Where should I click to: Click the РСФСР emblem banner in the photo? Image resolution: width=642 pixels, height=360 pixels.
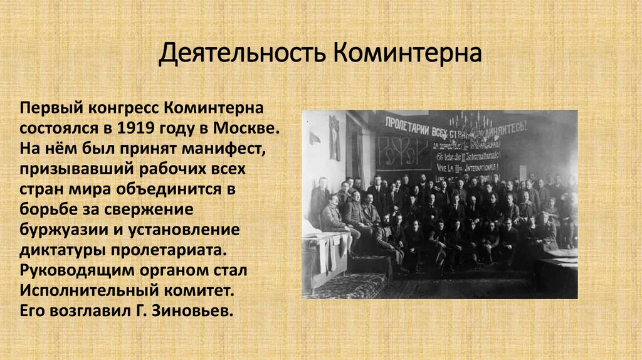point(401,151)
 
